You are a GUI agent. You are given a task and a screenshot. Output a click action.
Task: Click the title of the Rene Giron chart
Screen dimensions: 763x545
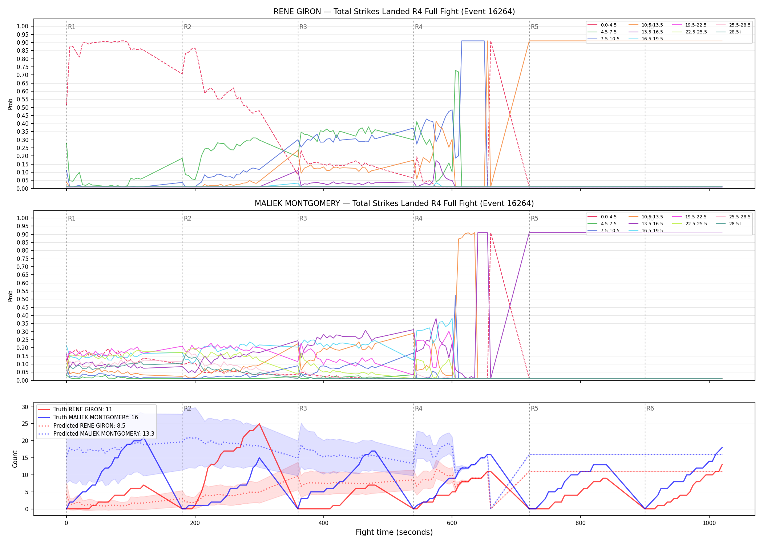[394, 12]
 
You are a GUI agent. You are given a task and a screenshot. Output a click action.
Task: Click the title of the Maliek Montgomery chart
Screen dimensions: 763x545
[394, 203]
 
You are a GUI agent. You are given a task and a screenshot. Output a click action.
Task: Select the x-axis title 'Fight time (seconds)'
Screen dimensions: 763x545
[394, 532]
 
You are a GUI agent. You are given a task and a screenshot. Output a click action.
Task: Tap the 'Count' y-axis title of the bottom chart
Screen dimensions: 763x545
[15, 459]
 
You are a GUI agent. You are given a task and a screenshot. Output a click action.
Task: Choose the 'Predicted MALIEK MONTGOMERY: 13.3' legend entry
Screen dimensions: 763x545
[96, 434]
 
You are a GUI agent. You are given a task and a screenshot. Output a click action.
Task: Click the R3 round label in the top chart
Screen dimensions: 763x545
[303, 27]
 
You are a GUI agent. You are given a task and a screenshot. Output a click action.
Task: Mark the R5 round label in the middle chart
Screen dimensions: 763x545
[534, 218]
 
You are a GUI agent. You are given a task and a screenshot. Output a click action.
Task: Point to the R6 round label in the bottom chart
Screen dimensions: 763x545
[650, 408]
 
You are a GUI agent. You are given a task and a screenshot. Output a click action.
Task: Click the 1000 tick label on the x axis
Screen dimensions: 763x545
[709, 523]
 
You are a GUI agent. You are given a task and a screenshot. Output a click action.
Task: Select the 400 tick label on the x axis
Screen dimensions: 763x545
[323, 523]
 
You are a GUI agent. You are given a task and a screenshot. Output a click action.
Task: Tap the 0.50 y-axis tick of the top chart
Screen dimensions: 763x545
[23, 108]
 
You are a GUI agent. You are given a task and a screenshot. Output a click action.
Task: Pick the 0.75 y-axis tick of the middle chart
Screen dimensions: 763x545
[23, 259]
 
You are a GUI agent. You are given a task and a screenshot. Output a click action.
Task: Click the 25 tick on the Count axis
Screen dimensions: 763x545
[25, 424]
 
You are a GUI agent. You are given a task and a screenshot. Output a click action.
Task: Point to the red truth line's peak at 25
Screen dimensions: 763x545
[259, 424]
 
